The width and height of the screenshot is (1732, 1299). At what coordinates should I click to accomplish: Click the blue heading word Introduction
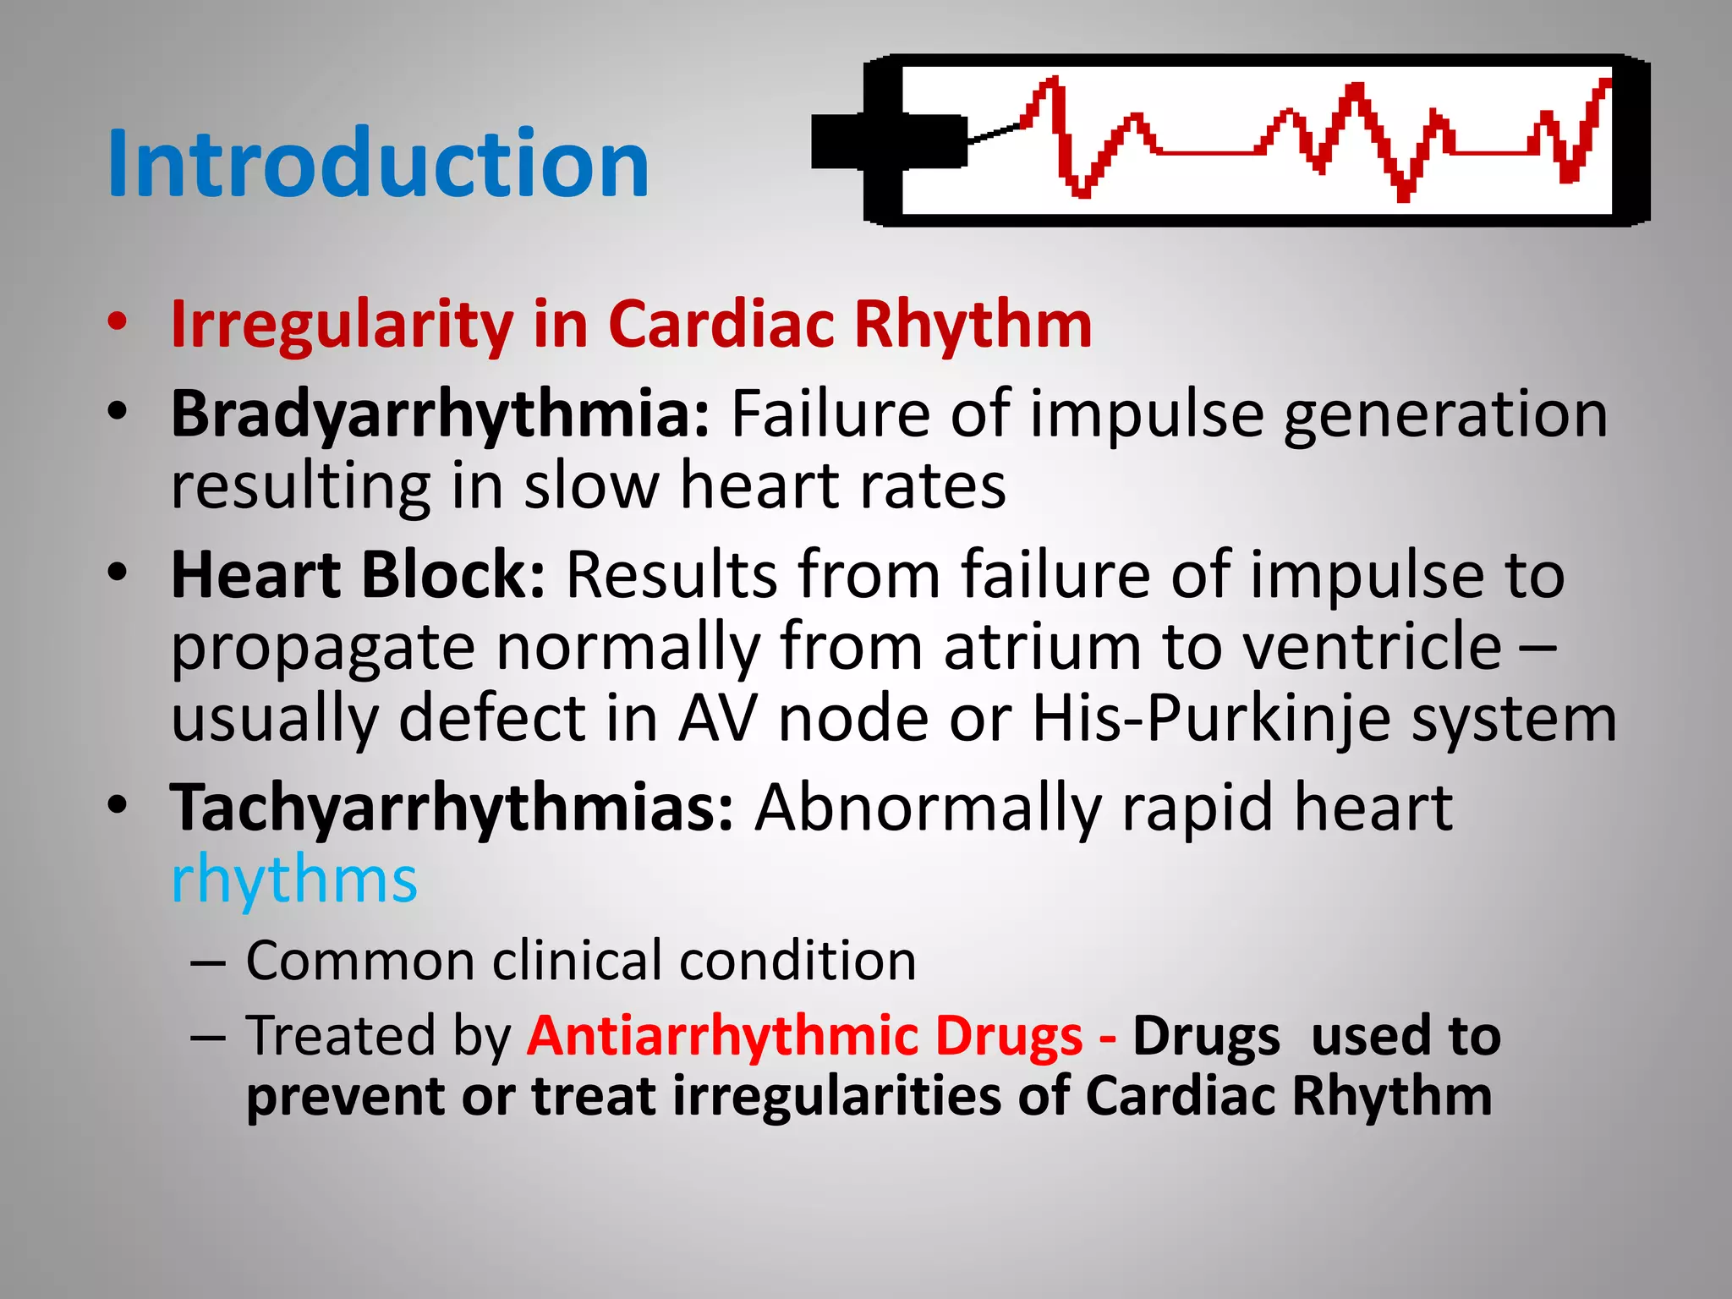click(378, 163)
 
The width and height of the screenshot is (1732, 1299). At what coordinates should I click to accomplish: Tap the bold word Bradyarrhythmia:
click(441, 414)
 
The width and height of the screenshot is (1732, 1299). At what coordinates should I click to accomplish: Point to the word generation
click(1445, 414)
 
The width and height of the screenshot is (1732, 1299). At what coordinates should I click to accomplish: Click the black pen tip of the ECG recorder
click(888, 141)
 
